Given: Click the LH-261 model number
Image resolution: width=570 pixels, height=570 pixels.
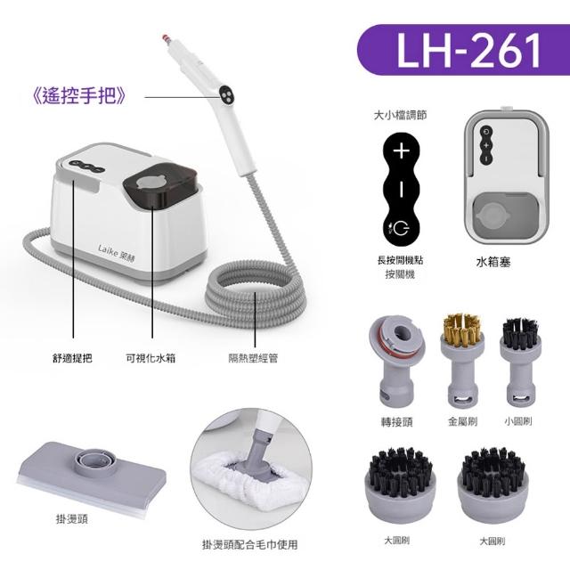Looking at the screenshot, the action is pos(468,50).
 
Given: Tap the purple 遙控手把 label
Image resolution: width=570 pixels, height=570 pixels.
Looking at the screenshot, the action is pos(79,96).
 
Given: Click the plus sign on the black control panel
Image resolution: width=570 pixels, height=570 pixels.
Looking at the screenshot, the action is pos(402,151).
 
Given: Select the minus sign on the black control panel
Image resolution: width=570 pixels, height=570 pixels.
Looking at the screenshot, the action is pos(402,189).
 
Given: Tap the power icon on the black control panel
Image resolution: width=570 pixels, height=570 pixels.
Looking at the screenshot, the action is pos(400,228).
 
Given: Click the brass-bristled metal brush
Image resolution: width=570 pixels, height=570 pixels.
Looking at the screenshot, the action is pos(462,360).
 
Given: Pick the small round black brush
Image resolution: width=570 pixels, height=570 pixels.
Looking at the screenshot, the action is pos(520,362).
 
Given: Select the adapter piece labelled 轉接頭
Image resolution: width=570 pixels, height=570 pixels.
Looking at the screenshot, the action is pos(396,360).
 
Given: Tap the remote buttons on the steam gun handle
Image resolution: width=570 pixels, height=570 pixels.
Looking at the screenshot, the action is pos(226,94).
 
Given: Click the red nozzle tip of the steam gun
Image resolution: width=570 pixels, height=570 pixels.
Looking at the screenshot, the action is pos(166,37).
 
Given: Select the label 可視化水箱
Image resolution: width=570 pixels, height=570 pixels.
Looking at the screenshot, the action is pos(151,358).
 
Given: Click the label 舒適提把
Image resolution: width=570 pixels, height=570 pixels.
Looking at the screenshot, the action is pos(72,358).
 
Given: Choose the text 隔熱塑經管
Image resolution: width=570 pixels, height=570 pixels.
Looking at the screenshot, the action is pos(253,358).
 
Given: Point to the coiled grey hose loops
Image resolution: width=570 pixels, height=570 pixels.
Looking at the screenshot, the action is pos(256,292).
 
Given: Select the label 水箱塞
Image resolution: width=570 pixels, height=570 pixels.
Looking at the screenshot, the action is pos(493,262).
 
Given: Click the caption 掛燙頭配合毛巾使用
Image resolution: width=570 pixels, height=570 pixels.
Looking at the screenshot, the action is pos(249,544).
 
